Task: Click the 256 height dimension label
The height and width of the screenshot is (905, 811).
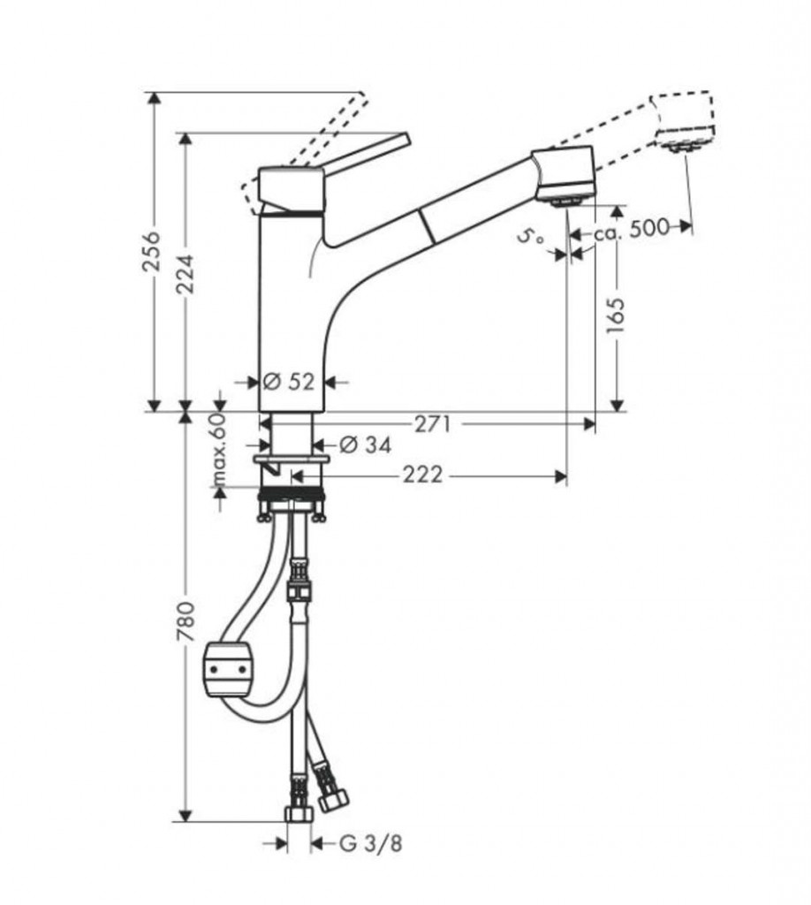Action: (x=152, y=251)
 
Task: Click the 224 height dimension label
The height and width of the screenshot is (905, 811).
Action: (x=186, y=274)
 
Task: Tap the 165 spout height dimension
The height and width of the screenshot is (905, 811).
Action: (x=616, y=316)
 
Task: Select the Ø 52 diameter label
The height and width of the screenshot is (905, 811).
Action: (x=289, y=382)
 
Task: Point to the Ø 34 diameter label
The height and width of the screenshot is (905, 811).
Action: (x=365, y=445)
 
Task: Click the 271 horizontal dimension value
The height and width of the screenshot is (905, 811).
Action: (x=433, y=425)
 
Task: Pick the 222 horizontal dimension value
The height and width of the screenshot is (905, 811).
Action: (x=422, y=475)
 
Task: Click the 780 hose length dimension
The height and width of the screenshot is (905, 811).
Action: (x=186, y=621)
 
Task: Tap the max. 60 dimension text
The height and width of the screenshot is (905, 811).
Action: (x=218, y=449)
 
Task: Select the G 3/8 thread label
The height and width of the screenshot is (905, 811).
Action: (x=370, y=844)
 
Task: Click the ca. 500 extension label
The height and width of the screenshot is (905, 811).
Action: (x=633, y=229)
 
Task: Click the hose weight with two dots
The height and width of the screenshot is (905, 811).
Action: (x=229, y=670)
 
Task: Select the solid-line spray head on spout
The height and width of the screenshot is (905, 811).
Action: (x=563, y=176)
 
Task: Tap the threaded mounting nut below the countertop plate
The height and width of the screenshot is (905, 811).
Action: (x=292, y=494)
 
